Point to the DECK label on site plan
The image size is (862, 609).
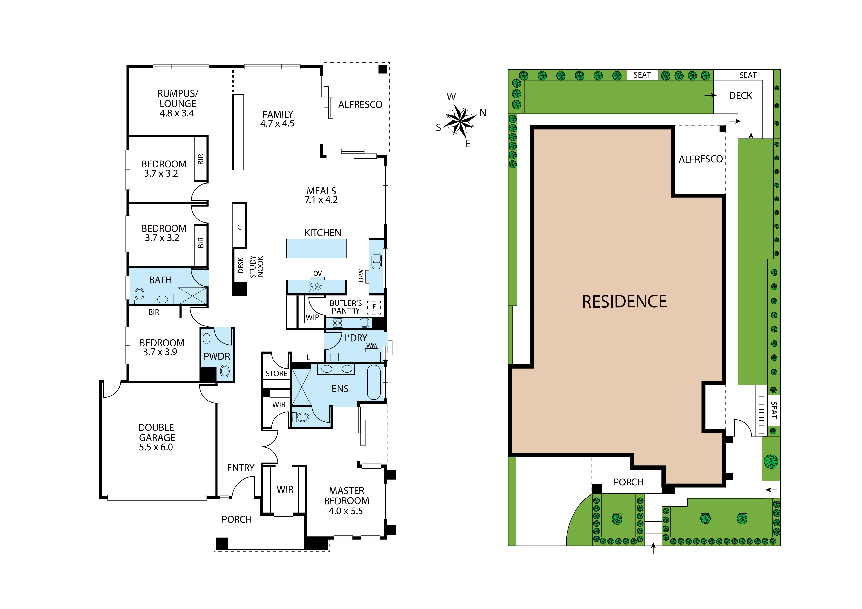[740, 96]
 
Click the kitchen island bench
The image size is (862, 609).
[316, 249]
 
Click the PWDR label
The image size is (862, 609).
[217, 357]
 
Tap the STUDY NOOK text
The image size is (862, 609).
[257, 266]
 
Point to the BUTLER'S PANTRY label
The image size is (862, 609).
[346, 307]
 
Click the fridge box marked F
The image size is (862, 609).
[374, 307]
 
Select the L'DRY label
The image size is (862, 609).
[356, 338]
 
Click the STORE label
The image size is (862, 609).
[276, 374]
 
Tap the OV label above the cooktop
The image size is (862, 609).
[318, 274]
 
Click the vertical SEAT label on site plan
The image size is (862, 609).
[774, 410]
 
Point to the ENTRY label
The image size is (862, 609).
[241, 468]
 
